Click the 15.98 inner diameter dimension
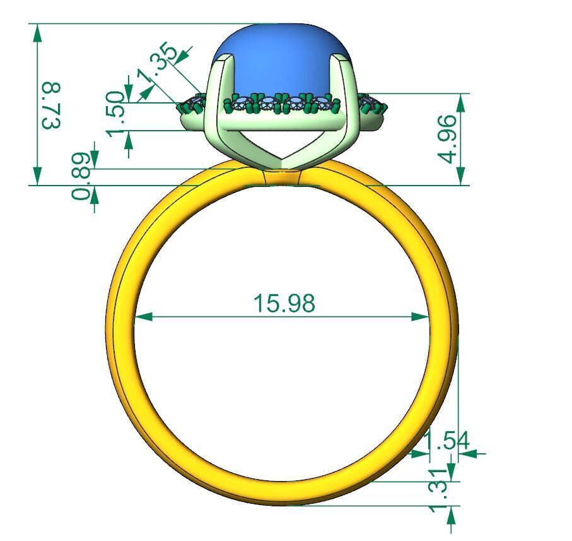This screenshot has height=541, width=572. coord(283,303)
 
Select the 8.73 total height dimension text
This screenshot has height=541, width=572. coord(51,105)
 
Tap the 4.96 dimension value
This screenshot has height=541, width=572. coord(448,139)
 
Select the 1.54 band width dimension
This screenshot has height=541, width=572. coord(447,441)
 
